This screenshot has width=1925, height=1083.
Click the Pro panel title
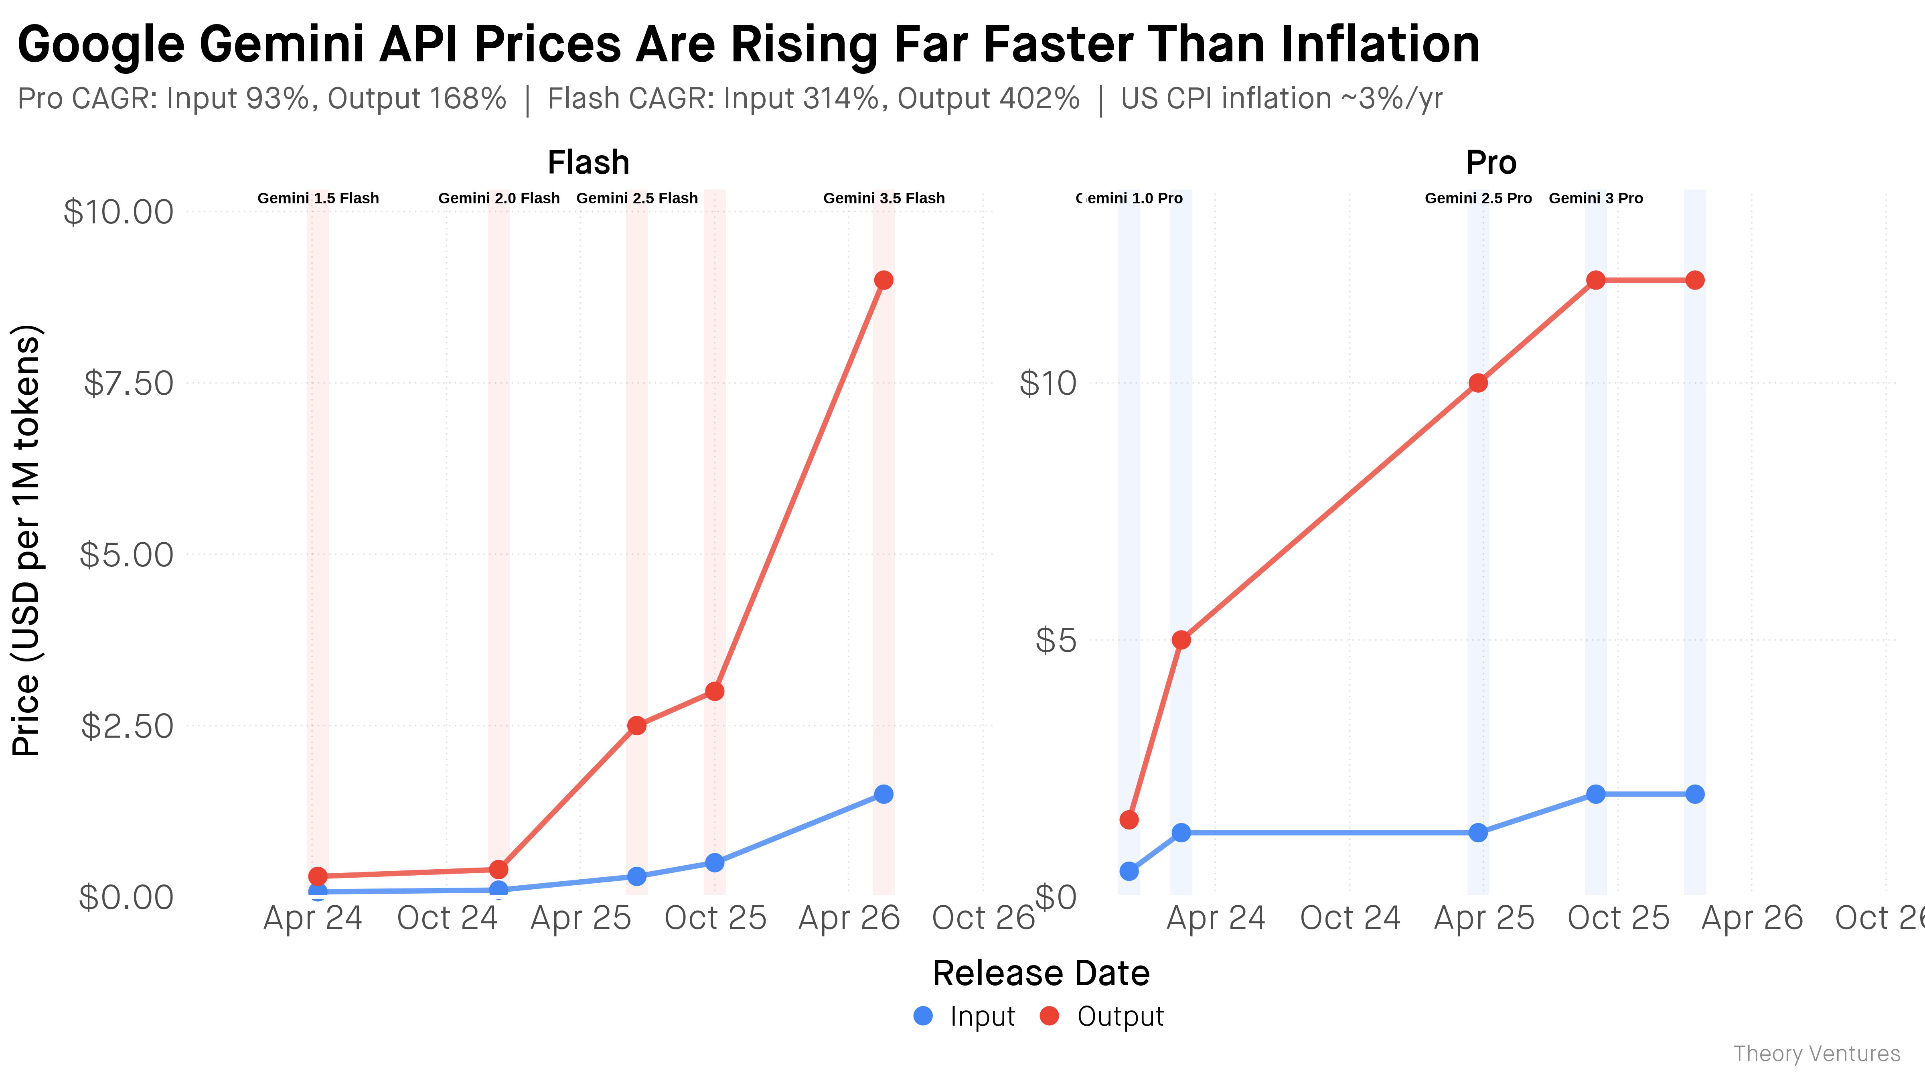coord(1491,162)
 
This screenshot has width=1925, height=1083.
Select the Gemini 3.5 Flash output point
coord(883,280)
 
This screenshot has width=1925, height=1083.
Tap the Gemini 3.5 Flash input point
coord(883,794)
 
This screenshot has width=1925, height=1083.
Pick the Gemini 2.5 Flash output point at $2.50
coord(637,726)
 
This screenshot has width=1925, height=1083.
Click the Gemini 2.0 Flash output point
coord(498,869)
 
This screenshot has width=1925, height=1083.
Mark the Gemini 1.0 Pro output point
coord(1129,820)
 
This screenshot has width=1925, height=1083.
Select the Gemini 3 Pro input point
coord(1595,794)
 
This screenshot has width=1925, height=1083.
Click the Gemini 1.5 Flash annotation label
coord(318,198)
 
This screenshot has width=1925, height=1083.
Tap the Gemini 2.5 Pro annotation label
coord(1478,198)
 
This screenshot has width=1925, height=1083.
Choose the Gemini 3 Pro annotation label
coord(1595,198)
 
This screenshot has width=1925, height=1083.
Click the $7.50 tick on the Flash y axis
coord(128,383)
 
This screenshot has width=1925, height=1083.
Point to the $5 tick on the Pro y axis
coord(1055,641)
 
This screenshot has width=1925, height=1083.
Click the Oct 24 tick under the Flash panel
coord(447,918)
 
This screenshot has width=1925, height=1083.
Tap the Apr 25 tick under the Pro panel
coord(1484,918)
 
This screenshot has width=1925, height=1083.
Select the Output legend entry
coord(1102,1016)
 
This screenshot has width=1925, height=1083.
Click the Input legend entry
coord(964,1016)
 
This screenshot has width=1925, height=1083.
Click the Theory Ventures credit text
coord(1817,1054)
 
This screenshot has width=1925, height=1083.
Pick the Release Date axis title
coord(1041,973)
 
